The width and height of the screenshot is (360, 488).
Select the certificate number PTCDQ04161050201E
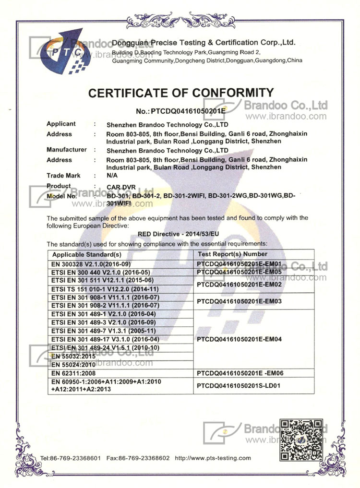point(180,111)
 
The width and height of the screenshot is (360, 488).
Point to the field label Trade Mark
point(63,176)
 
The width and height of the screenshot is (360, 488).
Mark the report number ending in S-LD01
point(239,385)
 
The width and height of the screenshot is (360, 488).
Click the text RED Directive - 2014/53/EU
point(178,234)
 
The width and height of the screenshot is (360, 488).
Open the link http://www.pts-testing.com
point(213,458)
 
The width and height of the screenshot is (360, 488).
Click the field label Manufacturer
point(67,150)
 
